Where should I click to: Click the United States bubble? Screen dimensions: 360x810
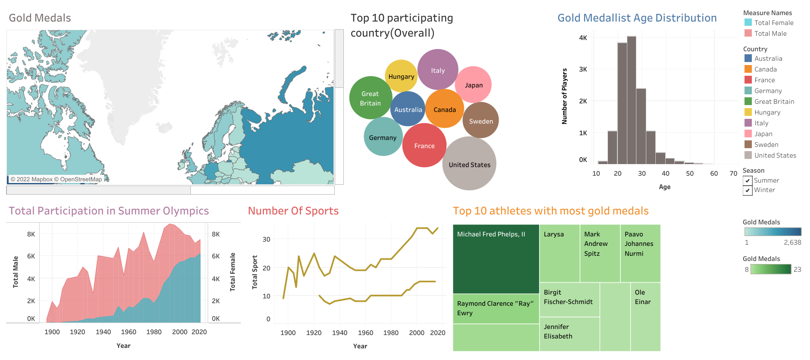(469, 164)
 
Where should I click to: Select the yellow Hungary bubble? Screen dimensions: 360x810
(401, 76)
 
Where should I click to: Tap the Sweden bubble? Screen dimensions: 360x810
(480, 121)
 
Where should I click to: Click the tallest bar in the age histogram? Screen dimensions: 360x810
(631, 99)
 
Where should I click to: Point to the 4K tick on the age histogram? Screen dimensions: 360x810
(583, 38)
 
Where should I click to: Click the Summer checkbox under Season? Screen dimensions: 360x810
(748, 181)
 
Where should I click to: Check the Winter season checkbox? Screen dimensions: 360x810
(748, 190)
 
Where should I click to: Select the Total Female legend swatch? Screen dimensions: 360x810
(748, 23)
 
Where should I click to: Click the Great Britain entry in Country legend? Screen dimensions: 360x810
(774, 102)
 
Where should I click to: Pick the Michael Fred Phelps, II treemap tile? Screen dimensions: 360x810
(496, 258)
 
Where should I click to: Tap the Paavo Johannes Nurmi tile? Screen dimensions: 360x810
(640, 253)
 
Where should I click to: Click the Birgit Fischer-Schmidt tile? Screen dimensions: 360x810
(569, 299)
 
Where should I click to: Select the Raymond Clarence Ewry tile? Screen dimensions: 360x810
(496, 308)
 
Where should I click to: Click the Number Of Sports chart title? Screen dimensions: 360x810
(293, 211)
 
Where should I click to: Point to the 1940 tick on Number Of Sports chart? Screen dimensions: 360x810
(340, 333)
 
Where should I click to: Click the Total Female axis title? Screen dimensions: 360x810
(233, 272)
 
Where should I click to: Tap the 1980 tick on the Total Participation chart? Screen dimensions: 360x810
(154, 332)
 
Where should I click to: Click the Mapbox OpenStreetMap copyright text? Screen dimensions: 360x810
(56, 180)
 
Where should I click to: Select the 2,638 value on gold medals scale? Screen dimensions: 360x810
(792, 242)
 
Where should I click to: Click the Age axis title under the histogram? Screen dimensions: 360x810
(664, 187)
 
